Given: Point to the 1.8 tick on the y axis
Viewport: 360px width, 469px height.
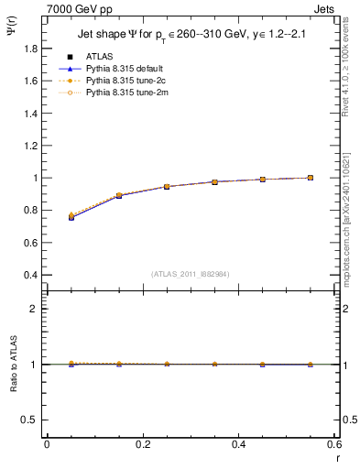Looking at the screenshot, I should [29, 48].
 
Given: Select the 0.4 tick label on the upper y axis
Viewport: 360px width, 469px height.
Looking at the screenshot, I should [29, 275].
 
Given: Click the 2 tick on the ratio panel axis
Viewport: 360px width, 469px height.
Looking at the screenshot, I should [34, 309].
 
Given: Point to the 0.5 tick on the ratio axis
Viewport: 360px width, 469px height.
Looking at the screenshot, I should [29, 420].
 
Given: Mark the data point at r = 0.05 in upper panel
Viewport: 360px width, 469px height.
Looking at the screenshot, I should [71, 217].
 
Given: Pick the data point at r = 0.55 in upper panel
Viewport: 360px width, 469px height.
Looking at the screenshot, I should [311, 178].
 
